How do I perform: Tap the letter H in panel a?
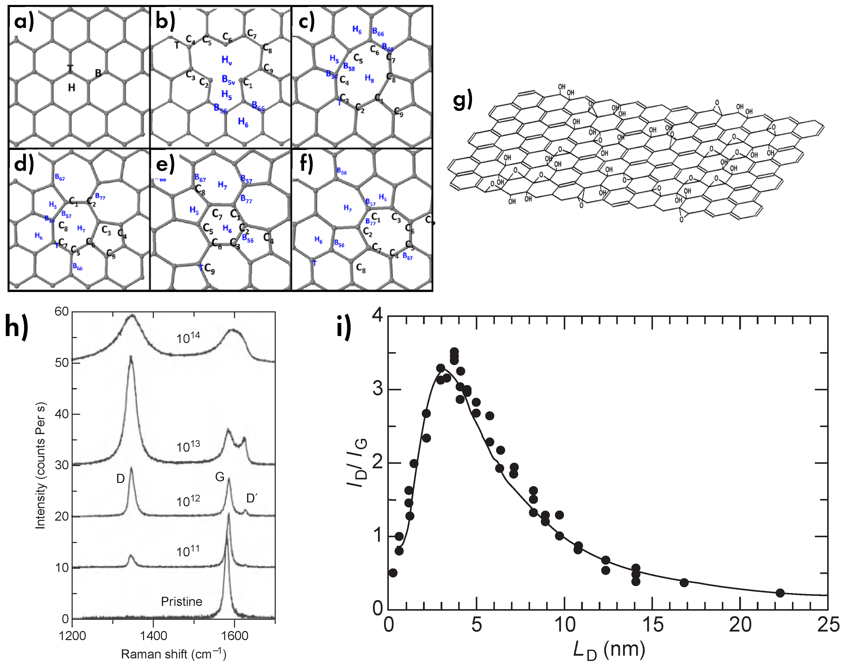(x=71, y=88)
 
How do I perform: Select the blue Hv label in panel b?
(x=227, y=60)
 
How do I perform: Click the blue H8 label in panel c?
(x=369, y=78)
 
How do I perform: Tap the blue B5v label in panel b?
(x=228, y=80)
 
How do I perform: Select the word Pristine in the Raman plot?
(x=181, y=601)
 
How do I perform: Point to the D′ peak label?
(x=252, y=498)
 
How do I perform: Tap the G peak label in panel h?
(x=220, y=477)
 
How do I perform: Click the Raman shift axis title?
(x=173, y=654)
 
